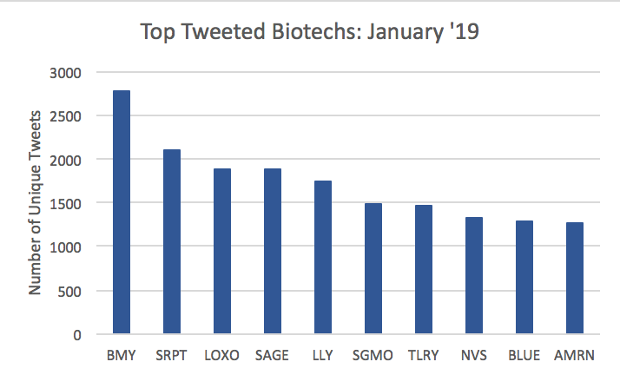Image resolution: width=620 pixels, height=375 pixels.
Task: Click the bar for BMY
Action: point(122,212)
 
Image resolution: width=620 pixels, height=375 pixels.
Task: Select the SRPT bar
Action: point(172,241)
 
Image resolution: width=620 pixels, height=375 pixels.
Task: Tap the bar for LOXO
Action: point(222,252)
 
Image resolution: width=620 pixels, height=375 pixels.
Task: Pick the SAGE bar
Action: point(273,252)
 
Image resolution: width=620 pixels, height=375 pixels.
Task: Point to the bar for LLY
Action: point(323,257)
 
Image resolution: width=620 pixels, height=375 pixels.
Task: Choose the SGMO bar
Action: point(373,269)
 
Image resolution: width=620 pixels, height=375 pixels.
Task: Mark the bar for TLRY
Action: point(424,269)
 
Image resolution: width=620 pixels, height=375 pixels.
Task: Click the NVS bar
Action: point(474,275)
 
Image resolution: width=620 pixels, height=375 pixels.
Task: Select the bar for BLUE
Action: point(524,278)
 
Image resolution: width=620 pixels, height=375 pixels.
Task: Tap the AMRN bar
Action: point(575,278)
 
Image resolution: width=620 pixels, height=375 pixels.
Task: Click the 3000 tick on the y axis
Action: point(65,73)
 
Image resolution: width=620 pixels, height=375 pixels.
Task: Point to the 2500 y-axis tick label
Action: point(65,116)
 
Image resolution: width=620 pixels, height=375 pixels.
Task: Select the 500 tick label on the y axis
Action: point(69,292)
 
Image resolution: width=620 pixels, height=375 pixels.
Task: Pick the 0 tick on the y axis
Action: point(77,335)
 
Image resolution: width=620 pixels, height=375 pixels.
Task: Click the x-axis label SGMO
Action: point(373,355)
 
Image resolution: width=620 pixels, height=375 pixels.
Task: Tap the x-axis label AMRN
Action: point(574,355)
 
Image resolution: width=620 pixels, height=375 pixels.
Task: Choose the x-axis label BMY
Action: point(121,355)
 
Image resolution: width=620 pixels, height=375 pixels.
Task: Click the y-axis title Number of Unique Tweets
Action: point(35,203)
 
